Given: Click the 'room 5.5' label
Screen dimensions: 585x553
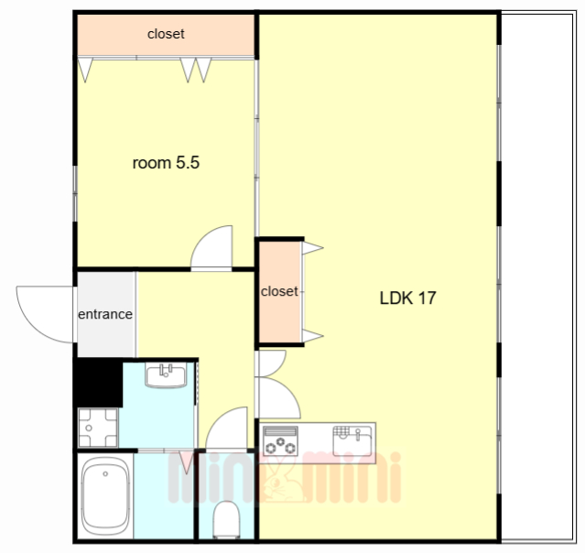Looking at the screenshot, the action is point(166,163).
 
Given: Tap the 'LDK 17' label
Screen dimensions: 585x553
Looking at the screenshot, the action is point(407,298).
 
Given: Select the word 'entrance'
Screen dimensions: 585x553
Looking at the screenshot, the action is point(105,314).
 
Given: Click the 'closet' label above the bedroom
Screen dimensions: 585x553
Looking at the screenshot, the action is point(166,34).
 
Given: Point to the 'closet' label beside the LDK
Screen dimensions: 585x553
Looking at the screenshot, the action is point(279,291).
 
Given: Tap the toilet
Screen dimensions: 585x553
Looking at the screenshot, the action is point(226,519).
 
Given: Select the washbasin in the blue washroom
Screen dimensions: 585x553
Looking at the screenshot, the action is point(166,375).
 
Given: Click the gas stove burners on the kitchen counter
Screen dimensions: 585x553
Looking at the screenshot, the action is point(280,440).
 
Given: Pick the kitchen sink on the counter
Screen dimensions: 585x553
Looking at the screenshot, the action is point(352,440).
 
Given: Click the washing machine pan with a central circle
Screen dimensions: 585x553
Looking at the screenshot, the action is point(98,428).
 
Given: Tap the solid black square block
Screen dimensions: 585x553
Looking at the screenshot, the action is point(99,383).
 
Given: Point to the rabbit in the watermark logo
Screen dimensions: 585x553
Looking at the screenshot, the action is point(282,482).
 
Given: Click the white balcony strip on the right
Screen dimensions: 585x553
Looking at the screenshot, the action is point(537,276).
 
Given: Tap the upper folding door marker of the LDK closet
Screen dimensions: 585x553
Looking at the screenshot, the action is point(312,248).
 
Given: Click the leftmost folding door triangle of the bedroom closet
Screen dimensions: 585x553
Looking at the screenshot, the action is point(85,70).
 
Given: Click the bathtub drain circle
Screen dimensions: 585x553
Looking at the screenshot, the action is point(105,474).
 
